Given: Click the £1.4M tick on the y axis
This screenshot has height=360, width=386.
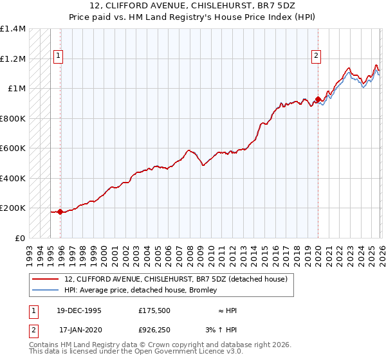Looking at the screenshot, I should (x=13, y=30).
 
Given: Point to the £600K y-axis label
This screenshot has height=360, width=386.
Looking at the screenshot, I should (x=13, y=148).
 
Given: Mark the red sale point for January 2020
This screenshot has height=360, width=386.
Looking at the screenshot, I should (x=318, y=99).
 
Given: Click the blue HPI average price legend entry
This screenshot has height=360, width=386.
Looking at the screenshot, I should (x=141, y=291).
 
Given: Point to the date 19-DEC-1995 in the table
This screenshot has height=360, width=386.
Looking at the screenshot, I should (x=79, y=310).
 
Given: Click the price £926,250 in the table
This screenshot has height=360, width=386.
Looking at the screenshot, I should (x=154, y=330).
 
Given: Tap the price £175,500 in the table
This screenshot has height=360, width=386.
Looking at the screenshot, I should (x=154, y=310).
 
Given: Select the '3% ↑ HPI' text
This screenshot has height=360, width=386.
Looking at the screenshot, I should (x=223, y=330).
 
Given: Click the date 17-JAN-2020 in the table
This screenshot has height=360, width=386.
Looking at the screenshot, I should (x=79, y=330).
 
